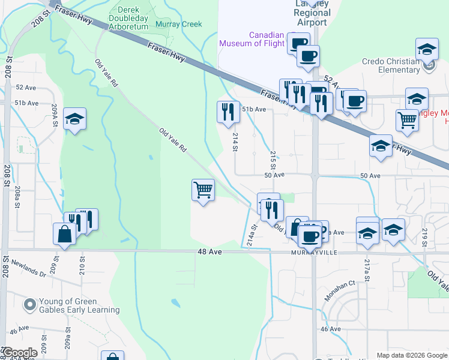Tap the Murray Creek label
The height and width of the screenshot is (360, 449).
pos(178,25)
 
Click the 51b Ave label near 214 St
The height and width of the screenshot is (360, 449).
pos(254,109)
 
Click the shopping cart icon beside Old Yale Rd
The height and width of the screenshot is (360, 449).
pos(203,190)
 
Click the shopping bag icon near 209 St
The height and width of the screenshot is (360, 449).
pos(64,233)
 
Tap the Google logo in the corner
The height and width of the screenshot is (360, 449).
pos(20,353)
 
